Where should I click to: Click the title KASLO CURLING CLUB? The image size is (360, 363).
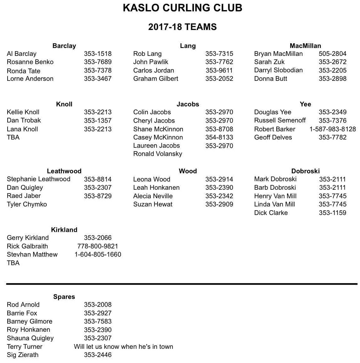pyautogui.click(x=182, y=8)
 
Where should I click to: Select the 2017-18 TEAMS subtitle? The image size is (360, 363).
pyautogui.click(x=182, y=27)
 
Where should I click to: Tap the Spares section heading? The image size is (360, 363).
pyautogui.click(x=64, y=297)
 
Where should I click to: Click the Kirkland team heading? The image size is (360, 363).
pyautogui.click(x=64, y=230)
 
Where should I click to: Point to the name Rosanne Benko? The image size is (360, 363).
pyautogui.click(x=30, y=62)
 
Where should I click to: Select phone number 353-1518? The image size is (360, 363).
pyautogui.click(x=98, y=54)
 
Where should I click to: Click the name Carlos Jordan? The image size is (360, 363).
pyautogui.click(x=153, y=70)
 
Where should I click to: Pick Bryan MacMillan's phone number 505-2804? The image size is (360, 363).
pyautogui.click(x=332, y=54)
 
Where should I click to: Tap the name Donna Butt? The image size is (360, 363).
pyautogui.click(x=270, y=79)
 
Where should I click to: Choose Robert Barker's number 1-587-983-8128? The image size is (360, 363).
pyautogui.click(x=332, y=129)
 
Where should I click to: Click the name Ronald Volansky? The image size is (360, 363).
pyautogui.click(x=158, y=154)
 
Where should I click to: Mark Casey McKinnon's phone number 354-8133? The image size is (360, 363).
pyautogui.click(x=219, y=137)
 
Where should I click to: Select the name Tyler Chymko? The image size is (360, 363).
pyautogui.click(x=27, y=204)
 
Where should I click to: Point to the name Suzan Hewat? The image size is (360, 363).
pyautogui.click(x=153, y=204)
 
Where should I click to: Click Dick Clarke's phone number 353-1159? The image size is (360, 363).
pyautogui.click(x=332, y=213)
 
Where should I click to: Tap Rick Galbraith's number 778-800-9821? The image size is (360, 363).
pyautogui.click(x=98, y=246)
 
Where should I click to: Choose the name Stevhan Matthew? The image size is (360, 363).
pyautogui.click(x=32, y=254)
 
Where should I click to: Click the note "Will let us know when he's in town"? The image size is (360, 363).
pyautogui.click(x=123, y=347)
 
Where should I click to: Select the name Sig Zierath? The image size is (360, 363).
pyautogui.click(x=23, y=355)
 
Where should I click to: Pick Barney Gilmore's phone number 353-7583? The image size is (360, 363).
pyautogui.click(x=98, y=321)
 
